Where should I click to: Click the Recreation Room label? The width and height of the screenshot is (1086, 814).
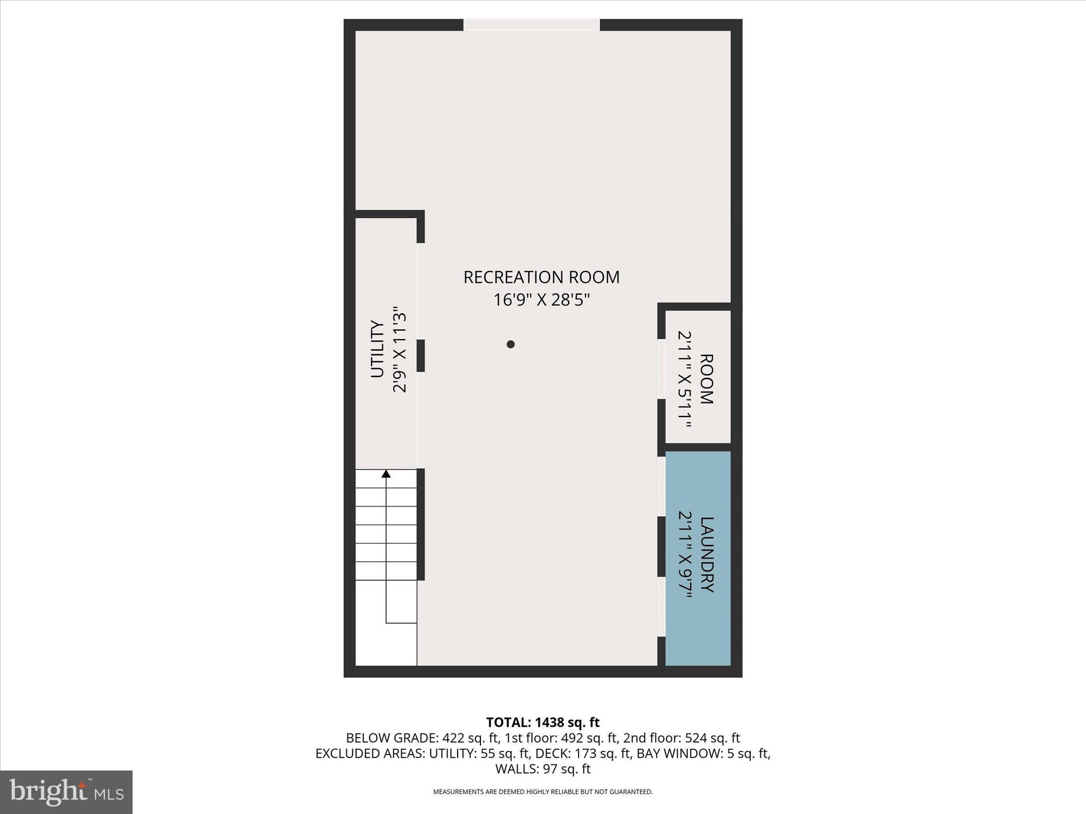point(541,277)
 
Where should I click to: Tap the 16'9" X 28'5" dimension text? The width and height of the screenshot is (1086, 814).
point(541,300)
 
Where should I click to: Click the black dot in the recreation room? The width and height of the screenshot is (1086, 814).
point(511,344)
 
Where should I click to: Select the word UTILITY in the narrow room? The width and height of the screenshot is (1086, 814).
point(377,349)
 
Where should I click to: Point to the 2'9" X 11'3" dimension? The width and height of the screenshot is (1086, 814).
point(399,349)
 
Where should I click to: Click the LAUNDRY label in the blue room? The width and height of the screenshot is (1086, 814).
point(707,554)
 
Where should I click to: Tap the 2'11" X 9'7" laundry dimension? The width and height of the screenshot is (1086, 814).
point(685,554)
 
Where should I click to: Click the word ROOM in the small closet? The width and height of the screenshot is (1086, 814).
point(707,379)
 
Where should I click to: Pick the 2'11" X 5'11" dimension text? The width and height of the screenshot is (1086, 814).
point(685,379)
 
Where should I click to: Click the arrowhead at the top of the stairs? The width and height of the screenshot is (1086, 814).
point(386,474)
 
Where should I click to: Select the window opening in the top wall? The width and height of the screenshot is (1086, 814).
point(532,25)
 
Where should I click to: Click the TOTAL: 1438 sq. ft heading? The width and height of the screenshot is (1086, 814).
point(542,722)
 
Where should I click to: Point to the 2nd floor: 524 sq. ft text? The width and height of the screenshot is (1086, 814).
point(681,738)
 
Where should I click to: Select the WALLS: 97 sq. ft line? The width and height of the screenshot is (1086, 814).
point(542,768)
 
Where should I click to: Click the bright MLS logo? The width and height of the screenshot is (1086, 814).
point(66,792)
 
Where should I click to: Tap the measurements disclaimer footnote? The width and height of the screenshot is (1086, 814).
point(542,792)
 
